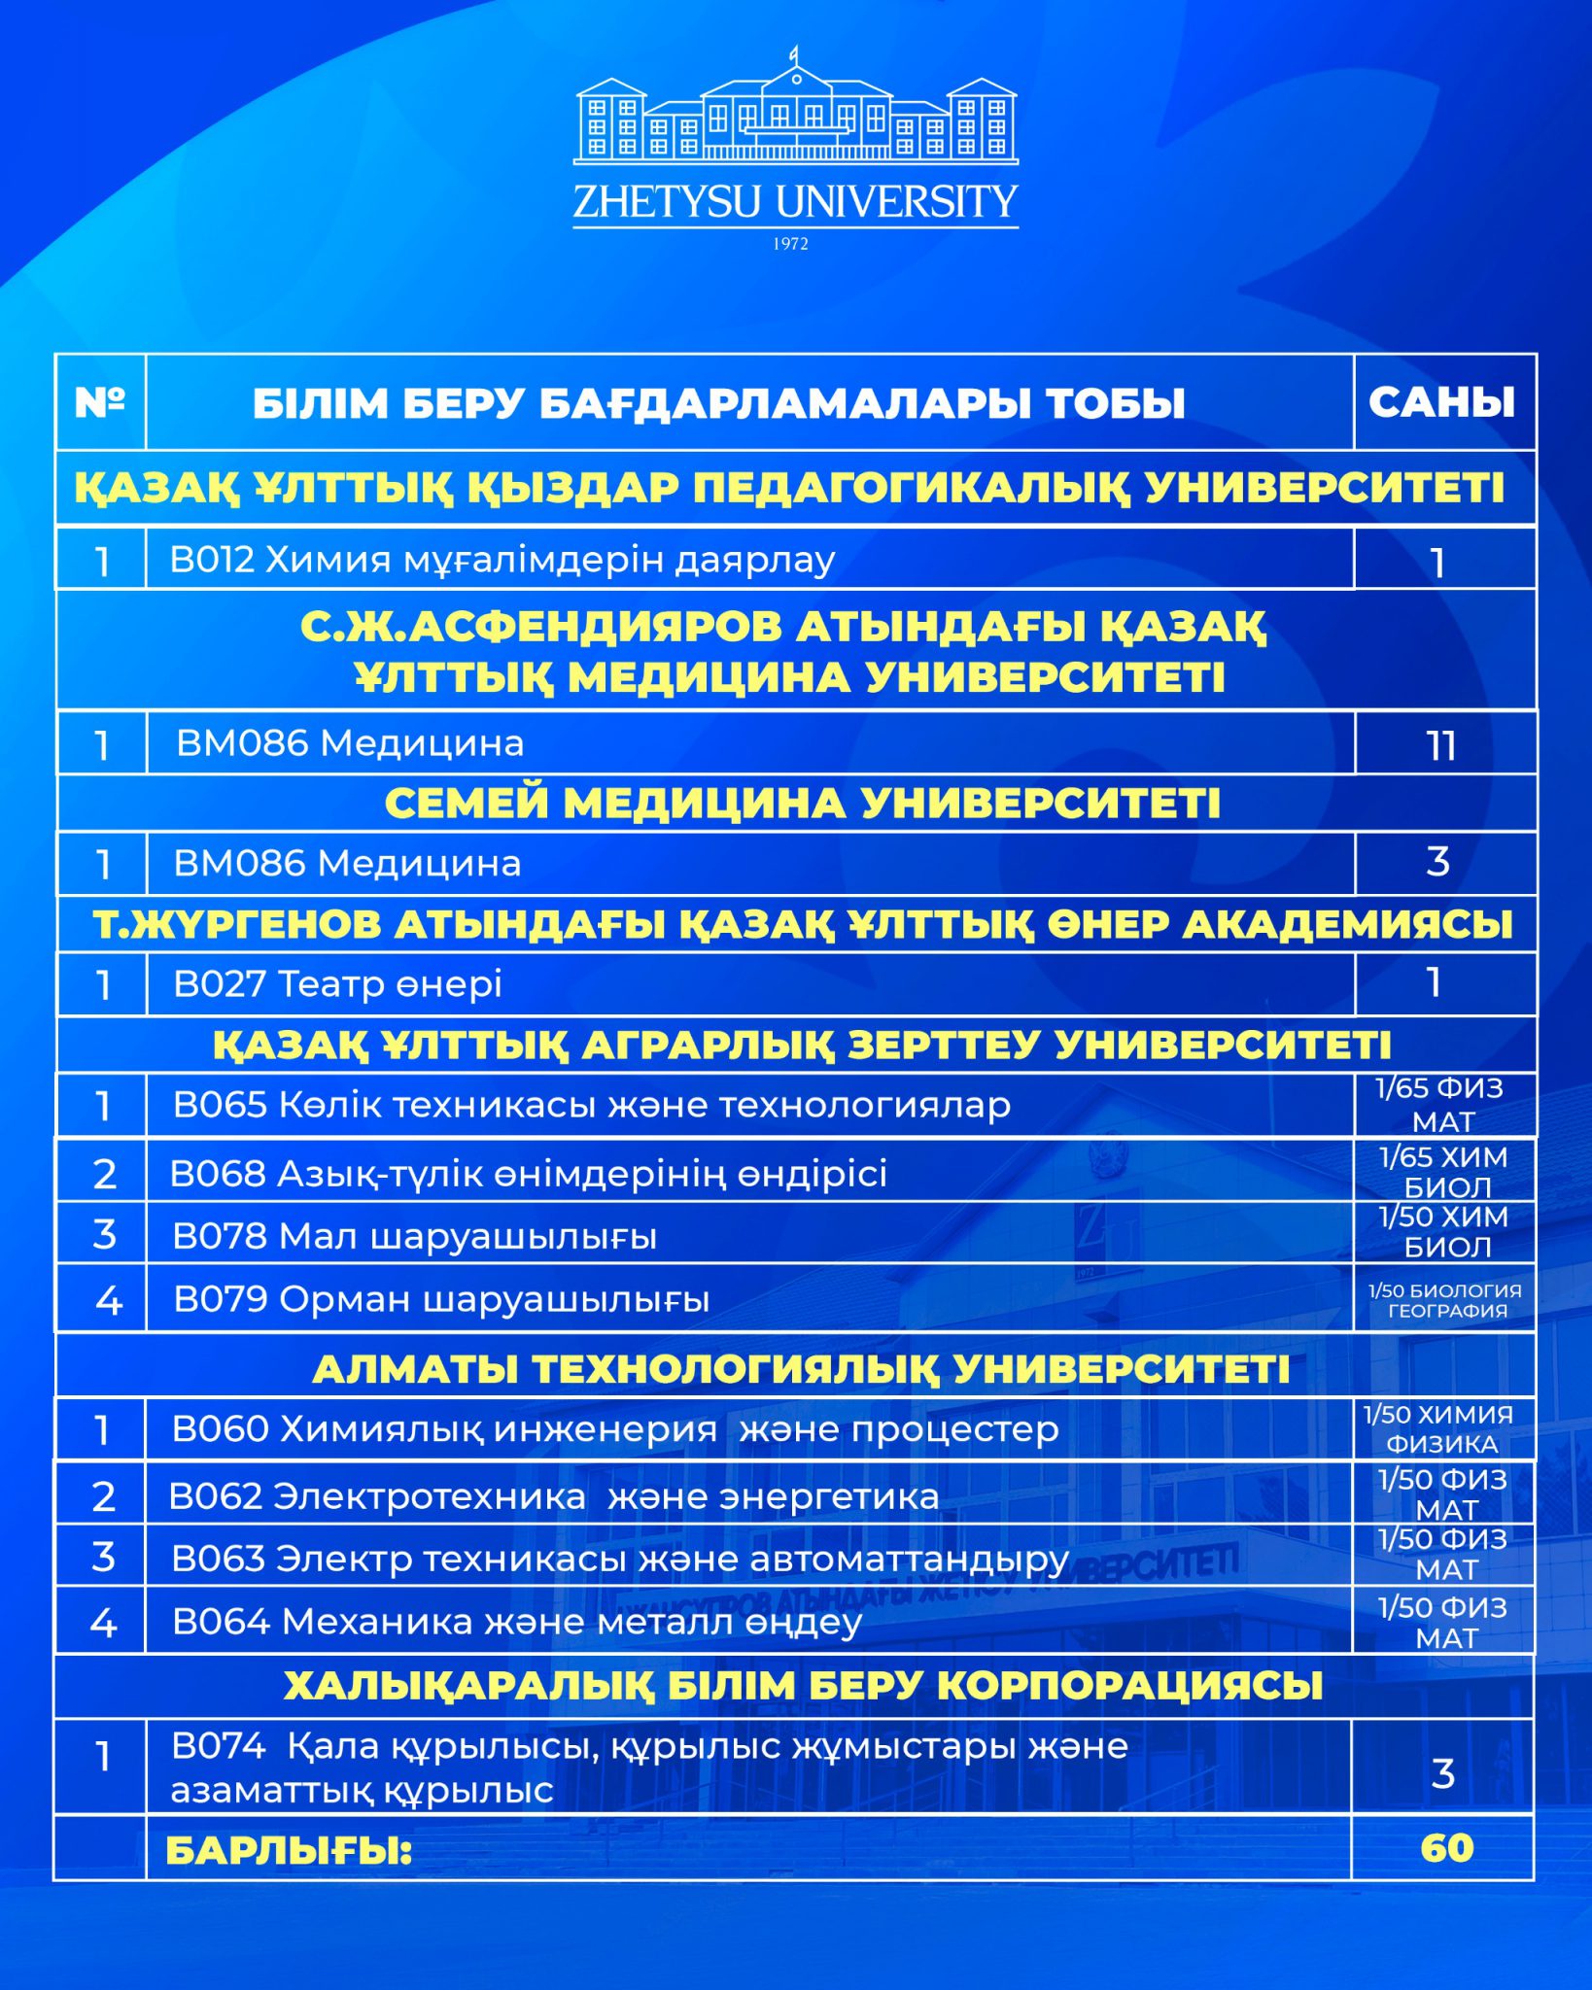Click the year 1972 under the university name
[x=791, y=245]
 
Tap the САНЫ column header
[x=1442, y=402]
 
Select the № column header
[x=100, y=401]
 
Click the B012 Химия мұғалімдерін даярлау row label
[x=502, y=561]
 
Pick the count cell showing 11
[x=1441, y=745]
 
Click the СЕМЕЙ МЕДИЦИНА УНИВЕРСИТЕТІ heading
[x=802, y=804]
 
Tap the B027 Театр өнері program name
[x=337, y=984]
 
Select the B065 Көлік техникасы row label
[x=591, y=1106]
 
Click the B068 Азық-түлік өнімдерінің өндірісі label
[x=528, y=1174]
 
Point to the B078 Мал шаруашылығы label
[x=414, y=1237]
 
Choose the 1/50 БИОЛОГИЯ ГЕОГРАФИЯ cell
[x=1444, y=1300]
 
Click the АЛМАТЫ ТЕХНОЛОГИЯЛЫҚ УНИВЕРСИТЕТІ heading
[x=801, y=1369]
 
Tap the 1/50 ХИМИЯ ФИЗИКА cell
[x=1439, y=1429]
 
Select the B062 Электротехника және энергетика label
[x=553, y=1496]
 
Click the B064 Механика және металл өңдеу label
[x=516, y=1622]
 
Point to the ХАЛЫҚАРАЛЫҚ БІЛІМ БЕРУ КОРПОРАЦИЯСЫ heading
[x=803, y=1686]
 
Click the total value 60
[x=1446, y=1848]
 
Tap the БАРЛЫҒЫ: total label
[x=289, y=1851]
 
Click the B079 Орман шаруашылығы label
[x=441, y=1300]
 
